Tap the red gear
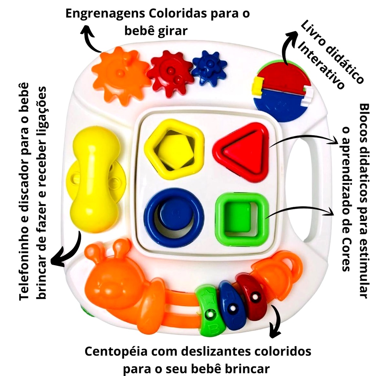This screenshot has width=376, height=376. tap(171, 72)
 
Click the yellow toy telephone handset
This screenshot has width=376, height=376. tap(95, 180)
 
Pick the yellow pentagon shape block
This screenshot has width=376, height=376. tap(174, 149)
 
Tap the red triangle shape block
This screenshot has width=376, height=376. tap(241, 152)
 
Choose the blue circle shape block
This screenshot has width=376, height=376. tap(174, 217)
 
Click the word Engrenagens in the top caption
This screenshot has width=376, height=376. tap(105, 14)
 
